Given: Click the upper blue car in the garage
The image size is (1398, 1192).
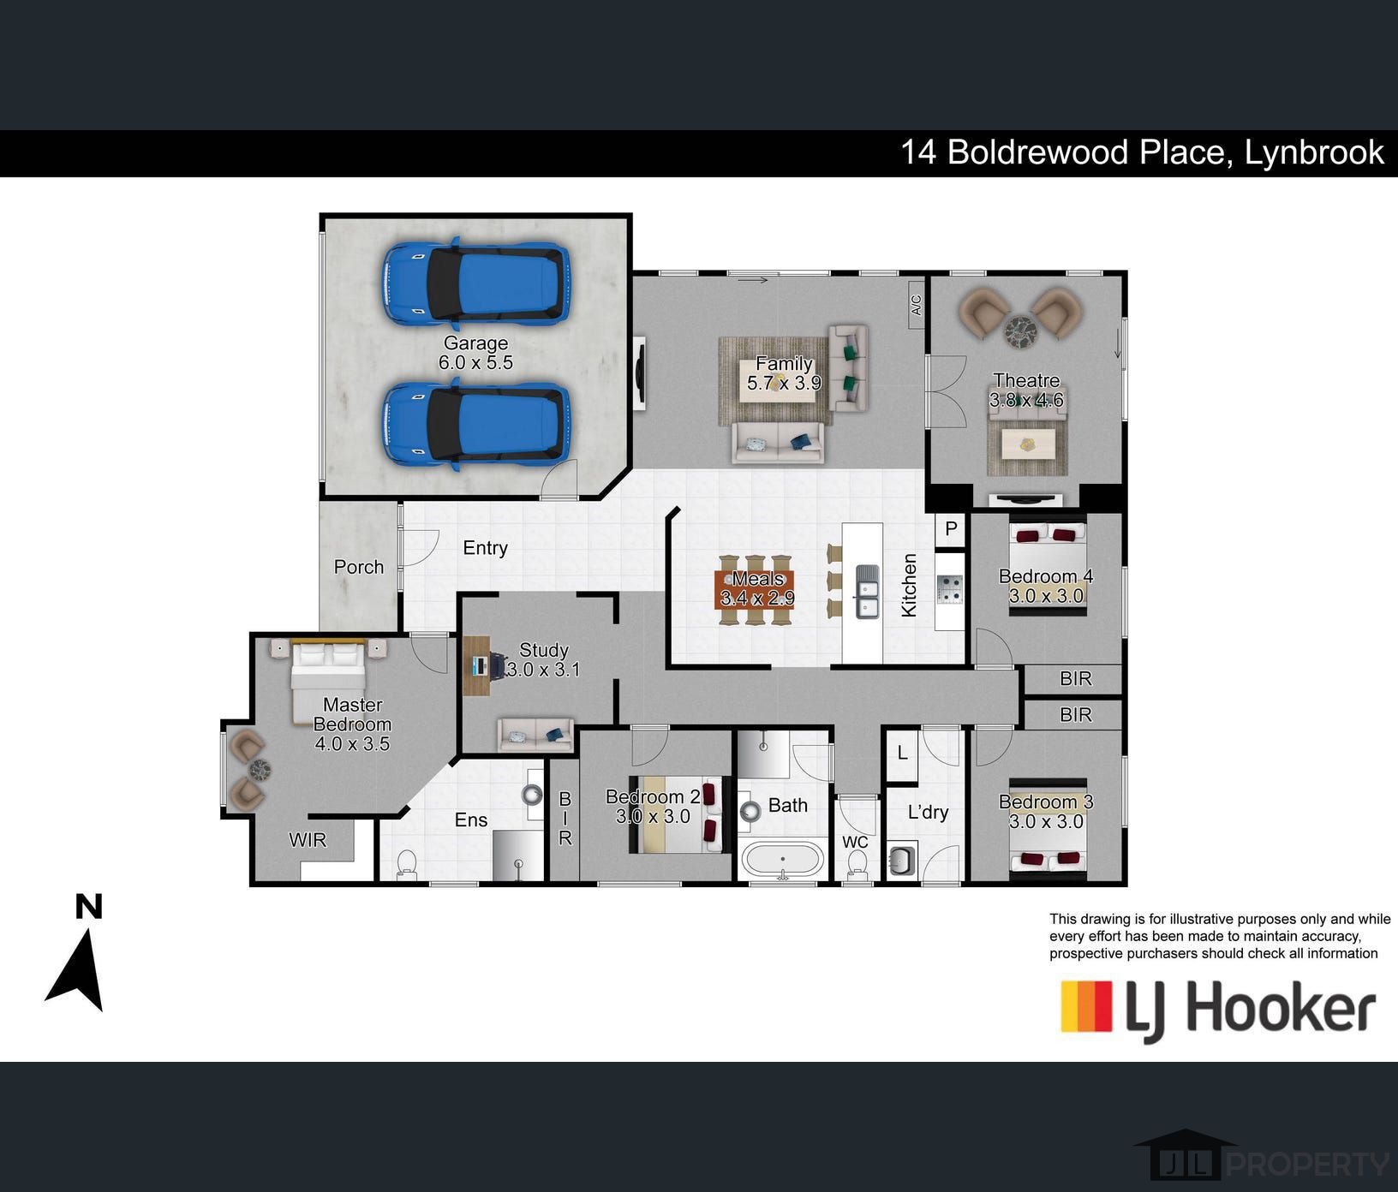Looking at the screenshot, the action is click(x=475, y=283).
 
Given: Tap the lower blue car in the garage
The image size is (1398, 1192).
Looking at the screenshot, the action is click(x=475, y=425).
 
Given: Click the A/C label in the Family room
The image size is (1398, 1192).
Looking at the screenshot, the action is click(x=917, y=306).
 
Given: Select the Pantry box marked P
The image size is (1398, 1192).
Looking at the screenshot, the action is click(x=951, y=529).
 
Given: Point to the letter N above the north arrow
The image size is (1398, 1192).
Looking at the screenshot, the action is click(x=89, y=906).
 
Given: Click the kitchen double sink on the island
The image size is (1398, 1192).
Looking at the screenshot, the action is click(x=867, y=591).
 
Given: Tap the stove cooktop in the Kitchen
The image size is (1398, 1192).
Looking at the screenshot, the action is click(x=950, y=589).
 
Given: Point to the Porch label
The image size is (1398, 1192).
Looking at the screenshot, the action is click(x=359, y=567).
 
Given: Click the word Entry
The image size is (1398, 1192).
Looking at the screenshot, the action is click(x=485, y=548).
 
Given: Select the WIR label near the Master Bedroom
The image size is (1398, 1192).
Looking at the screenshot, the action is click(x=308, y=840).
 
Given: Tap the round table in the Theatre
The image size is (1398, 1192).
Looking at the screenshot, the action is click(x=1020, y=330).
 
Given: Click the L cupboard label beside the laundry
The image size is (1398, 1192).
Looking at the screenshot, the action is click(x=902, y=754).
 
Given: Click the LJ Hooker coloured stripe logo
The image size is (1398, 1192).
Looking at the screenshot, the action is click(x=1086, y=1006).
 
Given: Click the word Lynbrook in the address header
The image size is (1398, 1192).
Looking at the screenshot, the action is click(x=1314, y=152).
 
